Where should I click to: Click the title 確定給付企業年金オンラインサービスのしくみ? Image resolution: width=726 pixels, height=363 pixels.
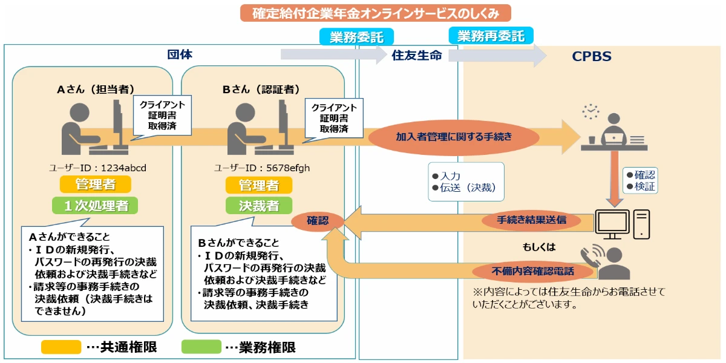(376, 13)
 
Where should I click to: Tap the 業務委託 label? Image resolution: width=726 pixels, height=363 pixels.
(356, 37)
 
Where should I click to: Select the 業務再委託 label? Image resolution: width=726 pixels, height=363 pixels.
(491, 36)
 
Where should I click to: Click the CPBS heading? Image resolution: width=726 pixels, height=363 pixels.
(592, 57)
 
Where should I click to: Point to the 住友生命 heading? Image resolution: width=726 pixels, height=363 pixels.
(417, 56)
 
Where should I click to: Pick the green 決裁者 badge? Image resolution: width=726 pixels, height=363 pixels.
(258, 206)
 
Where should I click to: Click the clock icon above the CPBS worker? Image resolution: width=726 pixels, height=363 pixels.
(590, 111)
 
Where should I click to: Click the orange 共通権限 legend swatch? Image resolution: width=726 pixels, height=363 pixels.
(60, 347)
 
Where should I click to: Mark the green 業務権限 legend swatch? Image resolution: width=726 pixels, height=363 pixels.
(201, 347)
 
